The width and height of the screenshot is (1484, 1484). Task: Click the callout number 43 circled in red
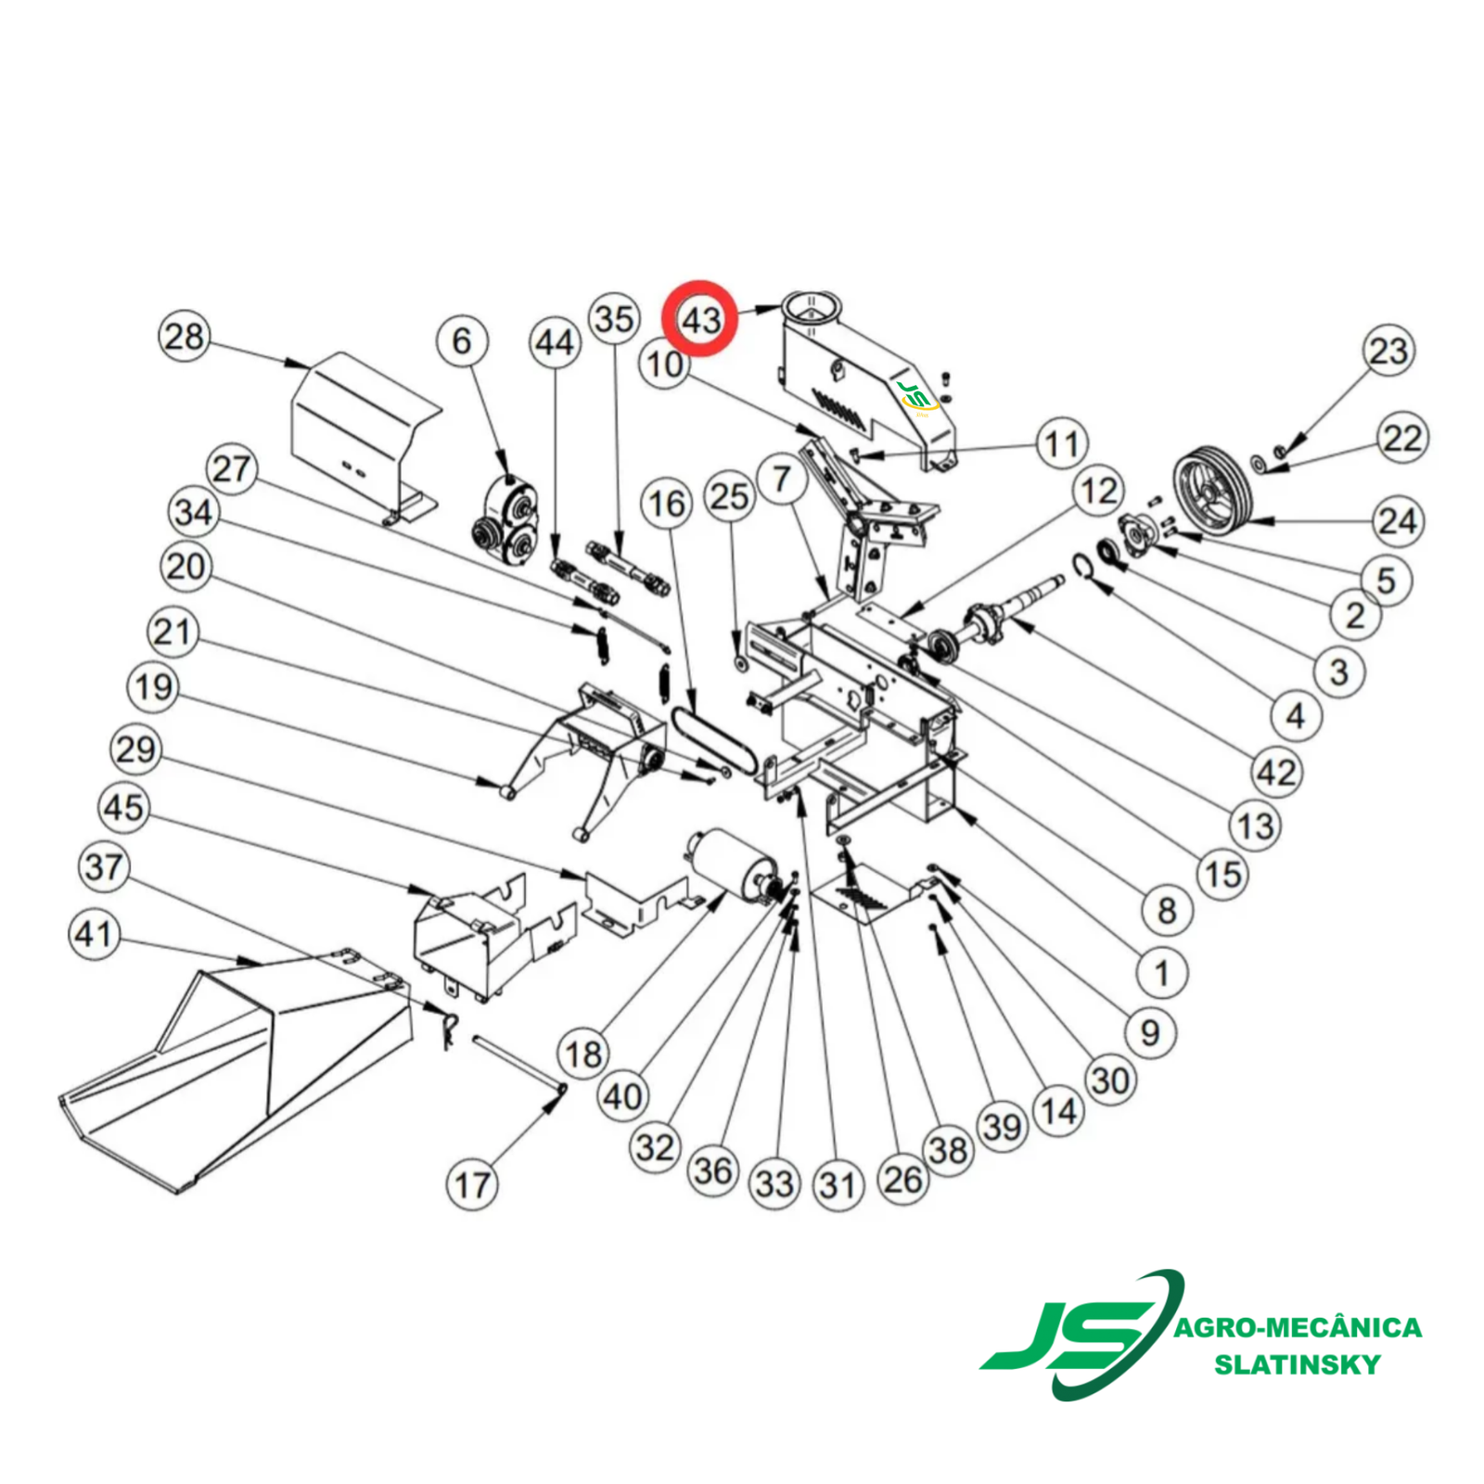click(700, 319)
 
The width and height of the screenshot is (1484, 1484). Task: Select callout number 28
click(185, 336)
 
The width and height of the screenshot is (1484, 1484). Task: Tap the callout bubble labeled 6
click(462, 340)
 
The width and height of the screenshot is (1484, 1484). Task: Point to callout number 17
click(472, 1184)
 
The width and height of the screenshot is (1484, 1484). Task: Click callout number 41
click(94, 934)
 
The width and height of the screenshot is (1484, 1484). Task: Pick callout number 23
click(1388, 351)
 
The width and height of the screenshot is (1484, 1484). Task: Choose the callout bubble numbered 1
click(1161, 973)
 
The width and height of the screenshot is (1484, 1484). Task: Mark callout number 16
click(666, 504)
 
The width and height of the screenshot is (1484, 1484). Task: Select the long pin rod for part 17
click(519, 1063)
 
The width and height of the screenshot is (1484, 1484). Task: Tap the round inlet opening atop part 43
click(812, 304)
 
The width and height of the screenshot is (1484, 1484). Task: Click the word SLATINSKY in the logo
click(1298, 1364)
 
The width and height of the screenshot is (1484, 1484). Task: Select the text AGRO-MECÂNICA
click(1298, 1326)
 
